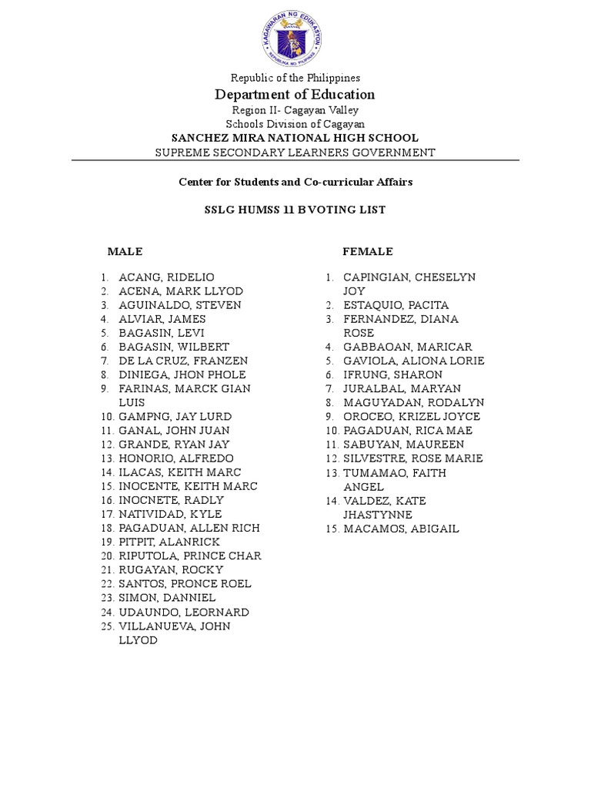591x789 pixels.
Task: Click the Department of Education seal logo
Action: click(x=295, y=36)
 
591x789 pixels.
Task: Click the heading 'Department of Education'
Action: click(x=295, y=95)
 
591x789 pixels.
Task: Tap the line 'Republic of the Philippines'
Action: click(x=295, y=78)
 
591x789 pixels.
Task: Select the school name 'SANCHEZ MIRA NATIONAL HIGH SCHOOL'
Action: click(x=295, y=138)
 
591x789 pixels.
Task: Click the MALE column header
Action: click(x=125, y=252)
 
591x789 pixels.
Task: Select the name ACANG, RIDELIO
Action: click(x=166, y=277)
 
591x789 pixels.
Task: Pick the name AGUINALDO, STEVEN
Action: click(x=179, y=305)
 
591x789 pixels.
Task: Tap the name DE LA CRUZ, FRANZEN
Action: click(x=183, y=361)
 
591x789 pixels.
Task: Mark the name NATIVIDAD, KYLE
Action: click(x=170, y=514)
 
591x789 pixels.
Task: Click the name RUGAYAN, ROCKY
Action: click(x=171, y=569)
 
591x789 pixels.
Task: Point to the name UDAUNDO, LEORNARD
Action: click(x=183, y=612)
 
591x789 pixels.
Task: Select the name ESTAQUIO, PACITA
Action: click(x=396, y=305)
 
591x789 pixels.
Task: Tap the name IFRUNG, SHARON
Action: click(x=392, y=374)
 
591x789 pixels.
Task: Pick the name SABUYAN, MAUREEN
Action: click(x=403, y=445)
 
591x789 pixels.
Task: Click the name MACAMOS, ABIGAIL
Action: click(x=401, y=529)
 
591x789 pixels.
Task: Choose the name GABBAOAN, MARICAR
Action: click(x=408, y=347)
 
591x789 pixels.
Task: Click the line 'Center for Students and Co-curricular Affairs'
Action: click(x=295, y=182)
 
